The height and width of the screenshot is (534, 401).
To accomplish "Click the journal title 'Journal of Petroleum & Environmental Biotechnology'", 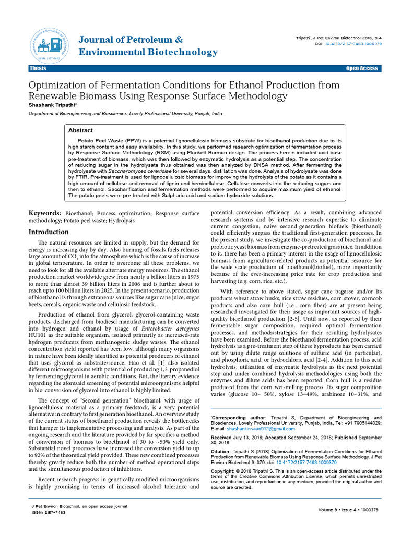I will [148, 46].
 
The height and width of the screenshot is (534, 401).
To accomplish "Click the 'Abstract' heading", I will [80, 130].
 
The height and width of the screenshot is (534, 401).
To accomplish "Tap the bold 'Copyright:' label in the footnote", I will [224, 471].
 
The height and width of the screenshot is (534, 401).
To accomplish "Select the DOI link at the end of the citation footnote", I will [306, 462].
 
